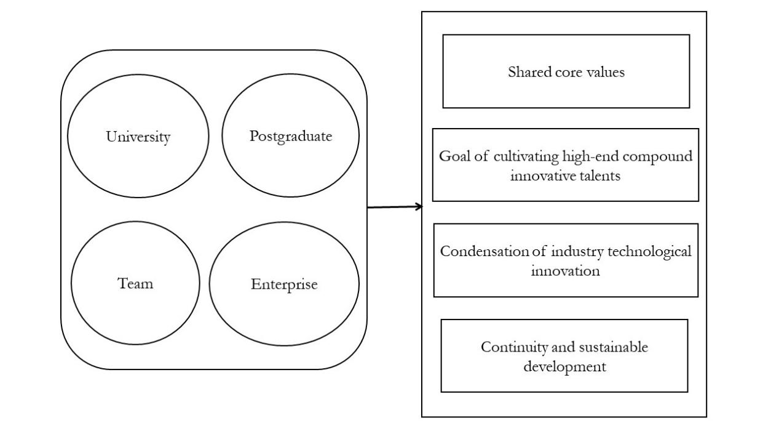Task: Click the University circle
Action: pos(138,136)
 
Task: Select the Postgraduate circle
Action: pos(290,136)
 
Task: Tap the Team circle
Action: pos(135,283)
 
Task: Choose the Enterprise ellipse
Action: pos(284,284)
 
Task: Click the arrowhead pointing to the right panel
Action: pos(419,207)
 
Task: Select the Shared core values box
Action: pos(566,71)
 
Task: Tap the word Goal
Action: pos(453,156)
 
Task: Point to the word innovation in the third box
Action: pos(565,271)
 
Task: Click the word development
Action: pos(564,367)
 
